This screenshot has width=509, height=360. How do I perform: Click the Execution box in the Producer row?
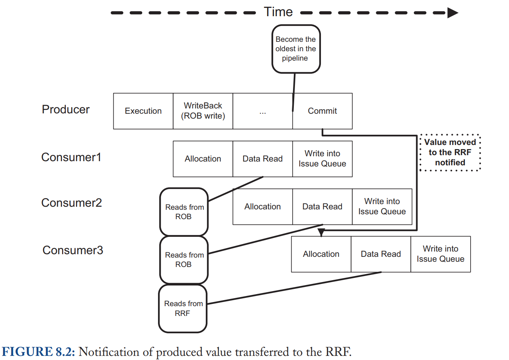[143, 111]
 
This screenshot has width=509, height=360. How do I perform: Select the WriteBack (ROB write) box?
[203, 111]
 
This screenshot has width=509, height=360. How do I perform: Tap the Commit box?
[322, 111]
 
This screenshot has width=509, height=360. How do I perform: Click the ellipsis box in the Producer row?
[263, 111]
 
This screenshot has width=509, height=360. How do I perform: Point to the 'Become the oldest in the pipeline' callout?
[296, 49]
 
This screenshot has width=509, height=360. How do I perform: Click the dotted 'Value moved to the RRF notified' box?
[450, 153]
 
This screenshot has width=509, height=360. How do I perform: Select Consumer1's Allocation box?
[203, 159]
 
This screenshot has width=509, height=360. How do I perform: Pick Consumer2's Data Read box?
[322, 206]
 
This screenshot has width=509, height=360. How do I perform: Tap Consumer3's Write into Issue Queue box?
[441, 254]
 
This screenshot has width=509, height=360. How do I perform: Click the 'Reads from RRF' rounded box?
[183, 309]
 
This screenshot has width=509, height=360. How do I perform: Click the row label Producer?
[66, 109]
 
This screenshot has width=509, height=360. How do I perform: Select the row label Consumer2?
[71, 203]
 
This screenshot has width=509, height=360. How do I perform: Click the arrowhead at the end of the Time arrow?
[453, 13]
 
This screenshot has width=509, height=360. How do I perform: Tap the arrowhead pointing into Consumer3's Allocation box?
[321, 233]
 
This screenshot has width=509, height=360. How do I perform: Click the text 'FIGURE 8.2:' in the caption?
[38, 352]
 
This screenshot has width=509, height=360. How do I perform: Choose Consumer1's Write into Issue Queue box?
[322, 159]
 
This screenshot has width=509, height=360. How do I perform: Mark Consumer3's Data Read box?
[381, 254]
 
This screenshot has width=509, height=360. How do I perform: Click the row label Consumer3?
[73, 250]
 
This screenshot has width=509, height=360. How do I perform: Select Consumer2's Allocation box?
[263, 206]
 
